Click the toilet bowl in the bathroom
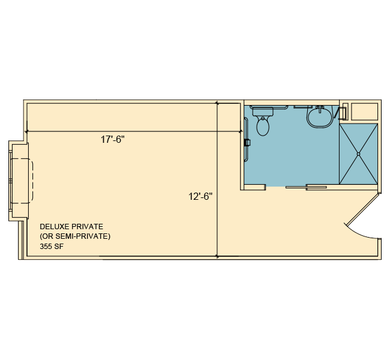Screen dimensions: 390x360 point(263,127)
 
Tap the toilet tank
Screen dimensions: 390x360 point(263,112)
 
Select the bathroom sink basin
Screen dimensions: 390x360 point(320,118)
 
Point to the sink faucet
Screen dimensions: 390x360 point(320,109)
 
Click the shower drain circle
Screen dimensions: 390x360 point(358,154)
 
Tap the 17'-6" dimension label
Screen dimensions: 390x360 point(112,139)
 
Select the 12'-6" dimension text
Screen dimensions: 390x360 point(200,197)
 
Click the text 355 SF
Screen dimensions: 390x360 point(52,247)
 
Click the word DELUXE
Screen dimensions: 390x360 point(55,227)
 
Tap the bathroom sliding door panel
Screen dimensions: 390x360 point(306,187)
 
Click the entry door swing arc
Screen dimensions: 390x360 point(358,233)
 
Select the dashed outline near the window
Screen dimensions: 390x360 point(22,181)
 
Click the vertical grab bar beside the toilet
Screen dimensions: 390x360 point(246,140)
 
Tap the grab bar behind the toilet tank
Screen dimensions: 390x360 point(269,107)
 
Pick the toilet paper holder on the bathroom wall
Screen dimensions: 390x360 point(247,143)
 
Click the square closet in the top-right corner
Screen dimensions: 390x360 point(364,111)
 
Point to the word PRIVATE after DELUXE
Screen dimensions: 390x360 point(87,227)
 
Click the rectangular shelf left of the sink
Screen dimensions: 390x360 point(302,107)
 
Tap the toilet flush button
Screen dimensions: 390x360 point(263,118)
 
